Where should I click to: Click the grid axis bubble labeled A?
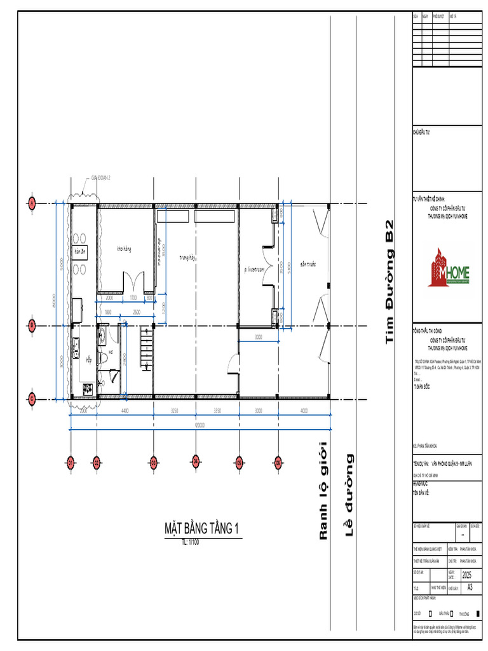click(31, 203)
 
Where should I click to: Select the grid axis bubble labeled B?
click(31, 325)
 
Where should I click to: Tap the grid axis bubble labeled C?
click(31, 399)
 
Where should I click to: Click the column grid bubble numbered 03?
click(153, 462)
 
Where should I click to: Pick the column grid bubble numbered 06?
click(278, 462)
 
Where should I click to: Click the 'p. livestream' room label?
click(254, 270)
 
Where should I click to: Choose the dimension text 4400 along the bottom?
click(125, 411)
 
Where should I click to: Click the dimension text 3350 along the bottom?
click(217, 411)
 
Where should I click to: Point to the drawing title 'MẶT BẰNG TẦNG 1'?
click(201, 529)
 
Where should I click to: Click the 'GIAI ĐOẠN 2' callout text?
click(100, 178)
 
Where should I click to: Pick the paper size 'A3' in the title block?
click(470, 587)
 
